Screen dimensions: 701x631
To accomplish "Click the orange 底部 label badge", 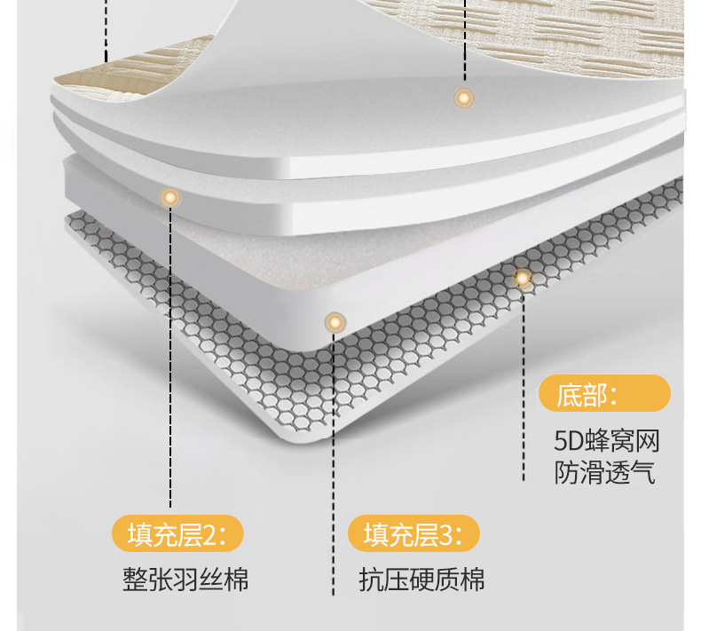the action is click(604, 393).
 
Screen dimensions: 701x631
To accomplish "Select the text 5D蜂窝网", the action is click(607, 441).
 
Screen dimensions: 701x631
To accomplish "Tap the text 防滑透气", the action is click(605, 472).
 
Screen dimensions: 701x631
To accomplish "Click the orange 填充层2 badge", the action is click(177, 535).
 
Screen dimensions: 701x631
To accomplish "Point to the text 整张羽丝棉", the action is click(185, 580).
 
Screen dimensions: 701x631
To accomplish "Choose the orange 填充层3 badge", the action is click(414, 535).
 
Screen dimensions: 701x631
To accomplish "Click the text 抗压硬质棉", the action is click(422, 580).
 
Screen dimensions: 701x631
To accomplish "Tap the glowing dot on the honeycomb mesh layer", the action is click(523, 279).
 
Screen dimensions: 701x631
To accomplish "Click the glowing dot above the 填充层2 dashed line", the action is click(169, 197).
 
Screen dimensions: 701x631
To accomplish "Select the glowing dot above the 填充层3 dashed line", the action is click(334, 321).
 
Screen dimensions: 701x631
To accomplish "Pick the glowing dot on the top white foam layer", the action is click(462, 98).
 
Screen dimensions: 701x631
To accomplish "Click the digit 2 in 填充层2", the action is click(209, 535).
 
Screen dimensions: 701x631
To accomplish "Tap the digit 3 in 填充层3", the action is click(446, 535).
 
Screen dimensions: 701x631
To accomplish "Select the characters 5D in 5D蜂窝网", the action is click(565, 441).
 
